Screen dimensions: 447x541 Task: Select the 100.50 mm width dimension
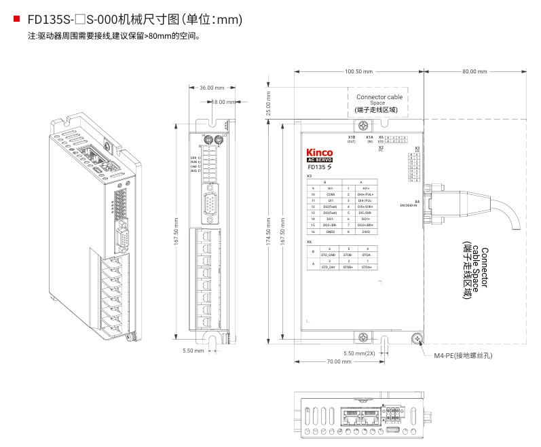pos(359,71)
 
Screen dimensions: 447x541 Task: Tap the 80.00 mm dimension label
pos(474,71)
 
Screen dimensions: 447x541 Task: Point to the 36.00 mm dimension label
pos(211,88)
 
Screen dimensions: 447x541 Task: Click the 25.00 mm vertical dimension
pos(269,103)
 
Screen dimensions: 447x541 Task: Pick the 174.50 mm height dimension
pos(269,231)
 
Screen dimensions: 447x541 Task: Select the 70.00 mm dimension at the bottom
pos(333,361)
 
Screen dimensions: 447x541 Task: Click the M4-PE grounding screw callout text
pos(464,355)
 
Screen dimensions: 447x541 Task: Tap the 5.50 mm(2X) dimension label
pos(359,353)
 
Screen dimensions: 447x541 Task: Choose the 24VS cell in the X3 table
pos(366,232)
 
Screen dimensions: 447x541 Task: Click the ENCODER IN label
pos(409,204)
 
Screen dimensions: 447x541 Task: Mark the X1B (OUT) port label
pos(351,139)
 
